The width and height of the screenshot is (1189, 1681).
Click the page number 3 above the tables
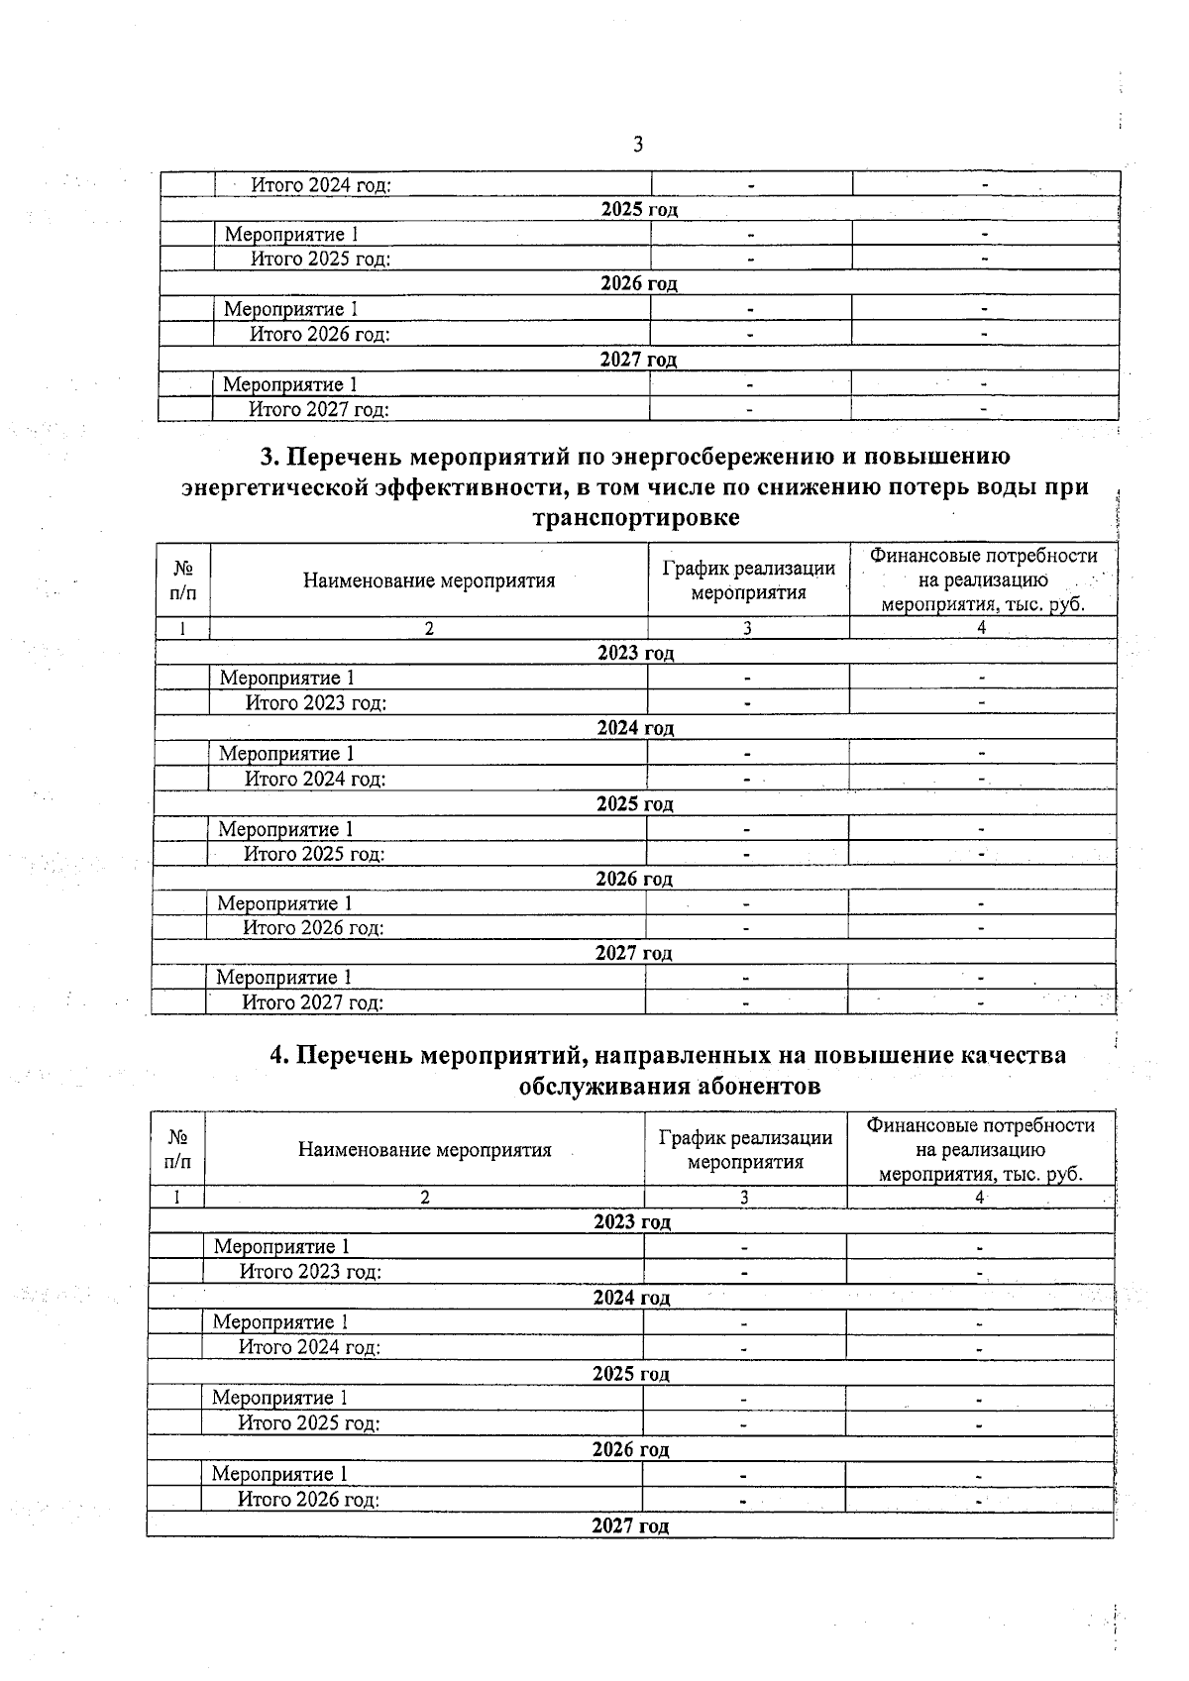pos(638,145)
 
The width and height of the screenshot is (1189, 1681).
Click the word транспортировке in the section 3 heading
pos(635,518)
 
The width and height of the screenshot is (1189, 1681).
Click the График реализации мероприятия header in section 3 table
pos(748,580)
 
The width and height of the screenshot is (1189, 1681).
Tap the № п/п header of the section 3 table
pos(183,580)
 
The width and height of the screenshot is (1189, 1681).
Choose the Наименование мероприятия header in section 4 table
pos(424,1149)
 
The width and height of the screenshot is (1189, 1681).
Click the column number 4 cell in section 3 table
pos(982,628)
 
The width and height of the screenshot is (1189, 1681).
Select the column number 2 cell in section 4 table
pos(424,1198)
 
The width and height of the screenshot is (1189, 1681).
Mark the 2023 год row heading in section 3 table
pos(635,653)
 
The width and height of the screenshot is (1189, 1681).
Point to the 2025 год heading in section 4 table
pos(631,1374)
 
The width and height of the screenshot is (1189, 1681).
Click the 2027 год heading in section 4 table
pos(630,1526)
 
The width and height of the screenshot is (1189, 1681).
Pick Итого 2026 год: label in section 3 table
pos(313,928)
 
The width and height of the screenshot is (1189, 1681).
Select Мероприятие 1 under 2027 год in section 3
pos(284,978)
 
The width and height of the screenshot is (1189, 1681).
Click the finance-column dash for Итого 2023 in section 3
pos(982,702)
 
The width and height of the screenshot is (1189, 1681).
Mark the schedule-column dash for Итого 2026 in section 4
pos(743,1501)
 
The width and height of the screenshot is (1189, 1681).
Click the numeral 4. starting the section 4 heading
pos(280,1055)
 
